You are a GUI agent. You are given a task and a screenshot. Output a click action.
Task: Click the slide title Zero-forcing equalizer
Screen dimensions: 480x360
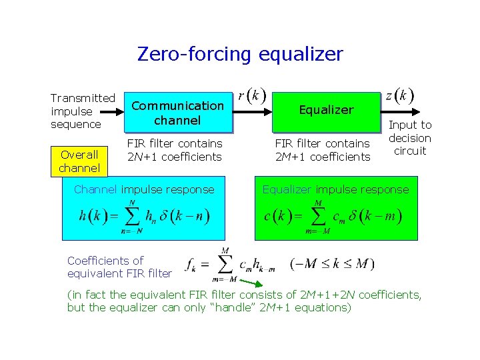240,53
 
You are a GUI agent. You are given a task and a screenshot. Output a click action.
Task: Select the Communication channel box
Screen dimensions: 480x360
177,113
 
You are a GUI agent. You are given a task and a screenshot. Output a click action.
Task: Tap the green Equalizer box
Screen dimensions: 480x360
327,110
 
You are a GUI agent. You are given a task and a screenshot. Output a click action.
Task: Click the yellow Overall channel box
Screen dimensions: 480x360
79,161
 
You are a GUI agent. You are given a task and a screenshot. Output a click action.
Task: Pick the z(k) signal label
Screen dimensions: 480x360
399,95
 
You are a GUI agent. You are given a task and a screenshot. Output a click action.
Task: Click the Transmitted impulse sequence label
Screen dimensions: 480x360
83,111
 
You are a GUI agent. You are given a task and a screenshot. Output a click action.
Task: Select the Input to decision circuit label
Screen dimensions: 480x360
410,138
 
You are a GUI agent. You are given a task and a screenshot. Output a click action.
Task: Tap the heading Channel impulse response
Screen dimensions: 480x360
144,189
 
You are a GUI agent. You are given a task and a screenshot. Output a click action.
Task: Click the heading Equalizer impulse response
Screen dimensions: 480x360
335,189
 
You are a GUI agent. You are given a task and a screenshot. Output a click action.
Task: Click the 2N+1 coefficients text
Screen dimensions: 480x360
174,157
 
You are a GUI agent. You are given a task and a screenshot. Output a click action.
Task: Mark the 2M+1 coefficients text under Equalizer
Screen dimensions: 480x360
323,157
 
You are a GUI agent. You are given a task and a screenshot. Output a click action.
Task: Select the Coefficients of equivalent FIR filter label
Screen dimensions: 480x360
119,267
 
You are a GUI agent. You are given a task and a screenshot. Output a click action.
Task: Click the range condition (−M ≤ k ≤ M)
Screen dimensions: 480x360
333,264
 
